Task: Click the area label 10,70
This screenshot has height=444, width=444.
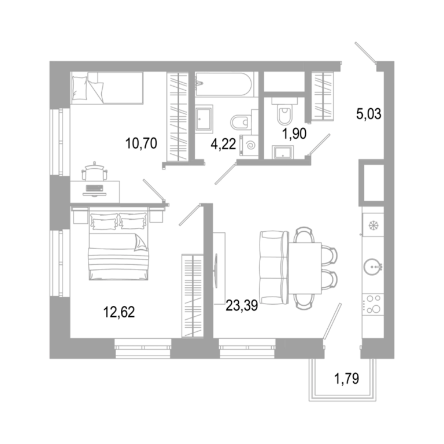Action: tap(141, 143)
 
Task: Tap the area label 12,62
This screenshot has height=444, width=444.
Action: tap(119, 312)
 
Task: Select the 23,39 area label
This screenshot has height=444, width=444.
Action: tap(242, 305)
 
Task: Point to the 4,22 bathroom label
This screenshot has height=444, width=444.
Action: tap(223, 144)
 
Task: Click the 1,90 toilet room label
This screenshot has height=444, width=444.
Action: tap(294, 134)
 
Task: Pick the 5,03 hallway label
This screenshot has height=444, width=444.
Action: tap(369, 114)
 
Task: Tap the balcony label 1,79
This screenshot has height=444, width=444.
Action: tap(347, 378)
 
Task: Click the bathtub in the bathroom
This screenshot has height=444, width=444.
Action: tap(223, 84)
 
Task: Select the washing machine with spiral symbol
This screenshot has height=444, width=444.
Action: tap(249, 146)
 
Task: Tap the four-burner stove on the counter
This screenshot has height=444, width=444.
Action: tap(373, 305)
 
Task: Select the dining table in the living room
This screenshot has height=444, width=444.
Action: tap(305, 268)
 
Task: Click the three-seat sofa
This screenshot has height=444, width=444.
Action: tap(274, 268)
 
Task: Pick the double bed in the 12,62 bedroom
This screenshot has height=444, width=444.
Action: tap(119, 243)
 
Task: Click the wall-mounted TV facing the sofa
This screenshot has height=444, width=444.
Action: tap(217, 268)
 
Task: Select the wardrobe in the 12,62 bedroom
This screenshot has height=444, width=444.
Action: tap(193, 295)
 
